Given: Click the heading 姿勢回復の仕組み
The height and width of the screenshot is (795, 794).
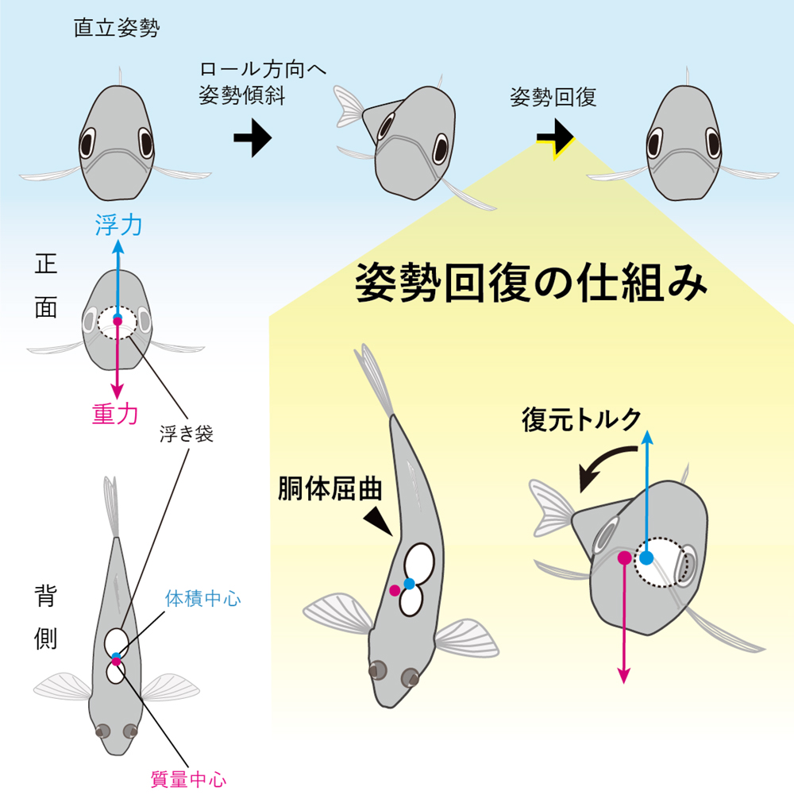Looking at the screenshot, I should point(530,281).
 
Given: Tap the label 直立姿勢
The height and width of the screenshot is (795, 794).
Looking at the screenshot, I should point(116,30).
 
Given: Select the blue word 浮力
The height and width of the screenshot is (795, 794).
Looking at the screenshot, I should point(118,226).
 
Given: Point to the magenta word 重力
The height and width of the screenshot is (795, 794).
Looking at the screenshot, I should point(115,413).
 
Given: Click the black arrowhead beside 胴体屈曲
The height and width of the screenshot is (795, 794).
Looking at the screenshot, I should point(378,520).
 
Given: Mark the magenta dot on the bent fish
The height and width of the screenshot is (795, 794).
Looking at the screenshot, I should point(395,590).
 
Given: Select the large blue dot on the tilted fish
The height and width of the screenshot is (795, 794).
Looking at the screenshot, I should point(647,558).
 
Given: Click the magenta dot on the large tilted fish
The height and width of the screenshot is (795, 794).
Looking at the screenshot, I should point(624,558).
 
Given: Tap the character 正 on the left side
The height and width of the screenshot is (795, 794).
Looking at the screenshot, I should point(45,265).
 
